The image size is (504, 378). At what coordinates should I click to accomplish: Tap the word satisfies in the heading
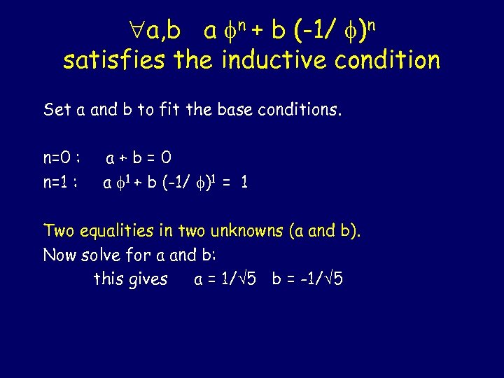[111, 60]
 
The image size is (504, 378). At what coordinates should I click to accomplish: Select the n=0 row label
[62, 159]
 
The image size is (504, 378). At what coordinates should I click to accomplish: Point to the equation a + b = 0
[139, 159]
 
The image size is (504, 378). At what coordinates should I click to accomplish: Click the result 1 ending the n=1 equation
[244, 183]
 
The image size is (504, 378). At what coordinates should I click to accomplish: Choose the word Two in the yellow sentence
[59, 230]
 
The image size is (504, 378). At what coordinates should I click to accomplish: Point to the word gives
[148, 279]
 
